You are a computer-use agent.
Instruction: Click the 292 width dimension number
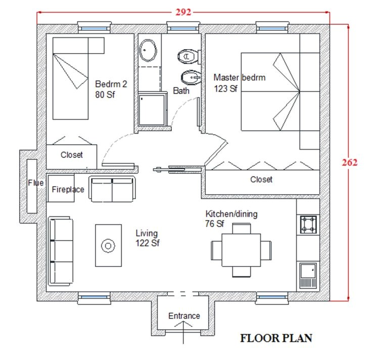pyautogui.click(x=183, y=12)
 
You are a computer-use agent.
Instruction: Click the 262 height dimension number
pyautogui.click(x=349, y=162)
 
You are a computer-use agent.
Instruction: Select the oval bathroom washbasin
pyautogui.click(x=148, y=51)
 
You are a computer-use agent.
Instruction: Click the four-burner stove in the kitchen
pyautogui.click(x=308, y=224)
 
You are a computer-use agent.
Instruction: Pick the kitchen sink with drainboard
pyautogui.click(x=308, y=275)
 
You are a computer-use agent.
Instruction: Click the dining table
pyautogui.click(x=241, y=250)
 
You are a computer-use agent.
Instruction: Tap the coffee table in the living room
pyautogui.click(x=109, y=245)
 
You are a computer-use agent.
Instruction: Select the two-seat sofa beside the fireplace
pyautogui.click(x=112, y=189)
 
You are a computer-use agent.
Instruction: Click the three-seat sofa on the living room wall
pyautogui.click(x=61, y=251)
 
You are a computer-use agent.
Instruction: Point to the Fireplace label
pyautogui.click(x=68, y=190)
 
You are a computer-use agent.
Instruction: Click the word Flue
pyautogui.click(x=36, y=183)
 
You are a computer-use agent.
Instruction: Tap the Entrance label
pyautogui.click(x=184, y=316)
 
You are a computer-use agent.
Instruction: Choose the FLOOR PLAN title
pyautogui.click(x=276, y=338)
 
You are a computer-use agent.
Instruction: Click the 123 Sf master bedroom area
pyautogui.click(x=225, y=89)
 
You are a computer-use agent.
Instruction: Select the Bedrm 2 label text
pyautogui.click(x=111, y=84)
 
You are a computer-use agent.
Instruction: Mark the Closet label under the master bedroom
pyautogui.click(x=261, y=179)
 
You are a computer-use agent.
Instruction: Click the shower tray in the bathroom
pyautogui.click(x=152, y=110)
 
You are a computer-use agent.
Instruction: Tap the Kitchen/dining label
pyautogui.click(x=231, y=214)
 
